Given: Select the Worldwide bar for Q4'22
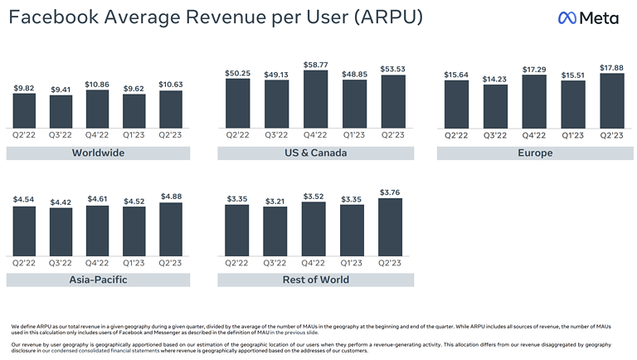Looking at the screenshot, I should tap(98, 108).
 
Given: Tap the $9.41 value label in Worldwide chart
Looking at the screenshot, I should tap(61, 89).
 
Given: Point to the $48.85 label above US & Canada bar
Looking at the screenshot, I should tap(355, 73).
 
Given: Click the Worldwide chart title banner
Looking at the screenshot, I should tap(99, 153).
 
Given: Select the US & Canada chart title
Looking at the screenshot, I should tap(315, 153).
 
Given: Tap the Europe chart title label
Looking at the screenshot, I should tap(536, 153).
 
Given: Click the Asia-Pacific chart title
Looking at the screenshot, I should tap(99, 280).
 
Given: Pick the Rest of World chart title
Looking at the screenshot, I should tap(315, 280).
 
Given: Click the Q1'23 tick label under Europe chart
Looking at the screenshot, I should tap(573, 134).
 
